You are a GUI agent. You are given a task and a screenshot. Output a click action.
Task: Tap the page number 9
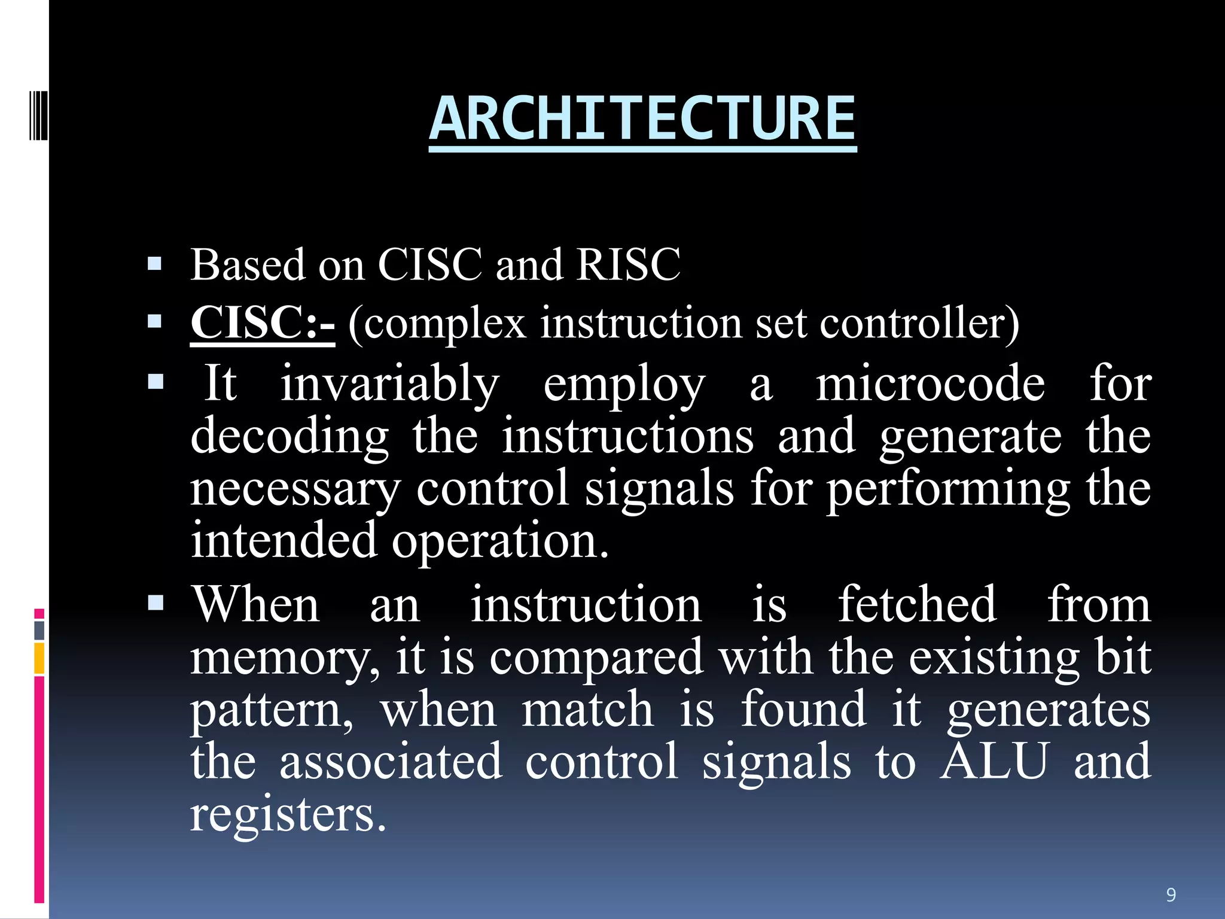coord(1171,894)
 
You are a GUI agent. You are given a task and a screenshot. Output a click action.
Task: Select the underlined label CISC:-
coord(263,323)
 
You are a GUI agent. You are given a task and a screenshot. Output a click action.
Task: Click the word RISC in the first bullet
coord(628,264)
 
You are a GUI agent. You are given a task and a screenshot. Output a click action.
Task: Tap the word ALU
coord(994,760)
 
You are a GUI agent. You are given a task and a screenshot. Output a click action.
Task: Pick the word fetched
coord(917,604)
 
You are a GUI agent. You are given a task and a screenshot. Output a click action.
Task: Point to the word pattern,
coord(272,710)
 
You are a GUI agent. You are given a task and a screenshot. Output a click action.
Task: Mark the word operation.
coord(500,540)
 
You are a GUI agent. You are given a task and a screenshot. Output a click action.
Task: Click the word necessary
coord(295,488)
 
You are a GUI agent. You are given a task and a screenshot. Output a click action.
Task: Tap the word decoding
coord(290,436)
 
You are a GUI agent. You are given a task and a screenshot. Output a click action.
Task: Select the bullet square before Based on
coord(154,264)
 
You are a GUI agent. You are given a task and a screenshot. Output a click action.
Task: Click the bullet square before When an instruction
coord(155,602)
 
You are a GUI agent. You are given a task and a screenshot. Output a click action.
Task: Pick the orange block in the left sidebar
coord(39,658)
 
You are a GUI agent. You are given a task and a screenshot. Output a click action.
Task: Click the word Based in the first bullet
coord(248,264)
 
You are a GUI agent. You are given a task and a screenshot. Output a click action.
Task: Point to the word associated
coord(391,760)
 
